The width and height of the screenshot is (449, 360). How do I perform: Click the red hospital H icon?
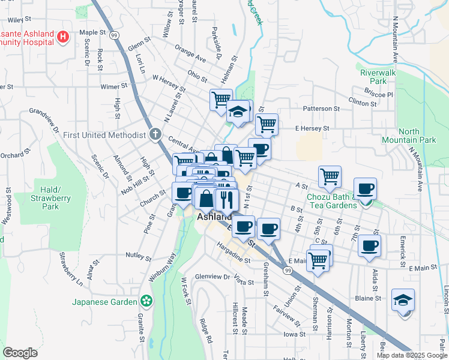pos(62,38)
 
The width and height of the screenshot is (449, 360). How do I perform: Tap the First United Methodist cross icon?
pos(155,134)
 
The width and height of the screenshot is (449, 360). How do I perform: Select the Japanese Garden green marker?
pos(145,301)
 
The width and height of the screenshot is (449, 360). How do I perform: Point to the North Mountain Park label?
pos(417,136)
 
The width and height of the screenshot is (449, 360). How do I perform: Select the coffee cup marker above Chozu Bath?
pos(365,189)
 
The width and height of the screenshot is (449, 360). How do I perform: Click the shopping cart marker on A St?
pos(330,176)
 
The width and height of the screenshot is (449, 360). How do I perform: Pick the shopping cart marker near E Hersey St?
pos(267,124)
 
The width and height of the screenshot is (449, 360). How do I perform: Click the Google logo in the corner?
pos(20,353)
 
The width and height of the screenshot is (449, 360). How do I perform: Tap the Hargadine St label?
pos(234,254)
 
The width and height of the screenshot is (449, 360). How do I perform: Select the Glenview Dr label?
pos(212,277)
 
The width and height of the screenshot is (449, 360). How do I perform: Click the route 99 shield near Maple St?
pos(113,35)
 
